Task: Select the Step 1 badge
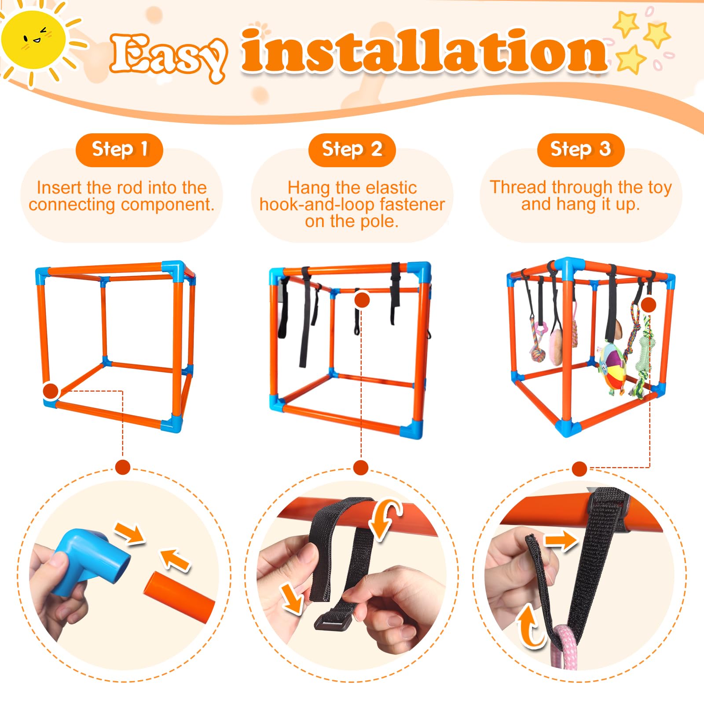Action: pyautogui.click(x=119, y=150)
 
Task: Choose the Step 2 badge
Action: pyautogui.click(x=352, y=150)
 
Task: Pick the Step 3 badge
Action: pyautogui.click(x=580, y=150)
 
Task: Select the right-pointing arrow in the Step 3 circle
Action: pyautogui.click(x=561, y=540)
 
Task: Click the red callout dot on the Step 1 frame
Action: pyautogui.click(x=51, y=390)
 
